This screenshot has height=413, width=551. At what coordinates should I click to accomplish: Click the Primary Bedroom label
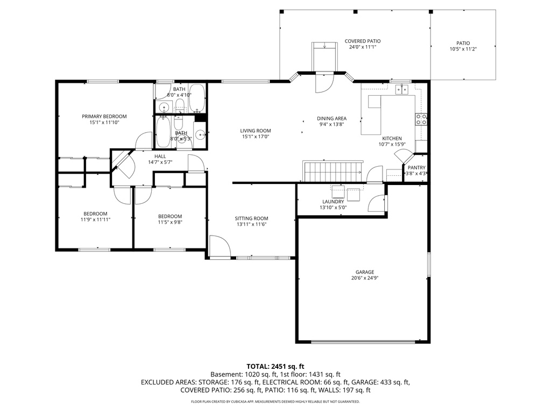point(104,116)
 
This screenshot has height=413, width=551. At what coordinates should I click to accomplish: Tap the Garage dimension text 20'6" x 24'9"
point(364,278)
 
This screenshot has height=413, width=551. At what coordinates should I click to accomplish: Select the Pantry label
point(416,168)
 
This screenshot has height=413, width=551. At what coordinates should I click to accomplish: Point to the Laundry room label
point(333,202)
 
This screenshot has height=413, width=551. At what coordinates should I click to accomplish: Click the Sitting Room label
point(251,218)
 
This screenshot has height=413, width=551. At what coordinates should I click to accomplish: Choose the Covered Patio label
point(362,41)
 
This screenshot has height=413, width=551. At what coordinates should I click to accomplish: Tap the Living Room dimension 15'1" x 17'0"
point(255,137)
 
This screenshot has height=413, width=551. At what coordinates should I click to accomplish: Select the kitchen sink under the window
point(401,89)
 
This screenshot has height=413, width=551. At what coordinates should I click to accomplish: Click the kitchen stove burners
point(421,119)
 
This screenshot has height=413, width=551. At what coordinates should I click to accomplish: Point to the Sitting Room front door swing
point(220,246)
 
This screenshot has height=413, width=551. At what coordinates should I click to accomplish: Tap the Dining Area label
point(331,118)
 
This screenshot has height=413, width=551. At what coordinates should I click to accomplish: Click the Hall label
point(160,156)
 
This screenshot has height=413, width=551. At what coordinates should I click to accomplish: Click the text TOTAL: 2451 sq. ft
point(275,365)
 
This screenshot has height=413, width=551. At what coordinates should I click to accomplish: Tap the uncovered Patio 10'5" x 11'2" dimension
point(463,49)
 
